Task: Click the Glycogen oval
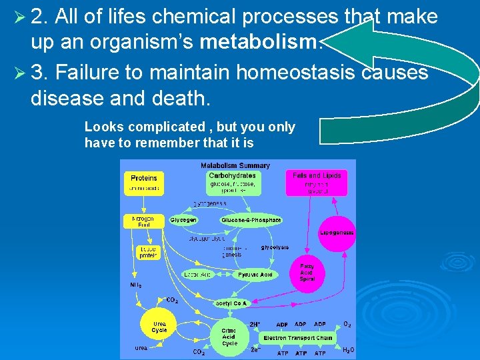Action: tap(183, 220)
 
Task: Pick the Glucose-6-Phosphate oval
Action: tap(251, 220)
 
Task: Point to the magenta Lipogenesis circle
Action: tap(337, 233)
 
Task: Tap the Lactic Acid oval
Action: tap(197, 274)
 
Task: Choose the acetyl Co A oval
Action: tap(231, 303)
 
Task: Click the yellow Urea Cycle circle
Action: tap(159, 327)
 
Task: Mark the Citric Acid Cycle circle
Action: tap(229, 337)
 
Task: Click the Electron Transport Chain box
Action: tap(298, 338)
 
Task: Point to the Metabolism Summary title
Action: tap(235, 165)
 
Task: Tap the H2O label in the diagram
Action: tap(347, 350)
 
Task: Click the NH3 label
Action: tap(135, 285)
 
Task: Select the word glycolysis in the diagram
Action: tap(275, 247)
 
